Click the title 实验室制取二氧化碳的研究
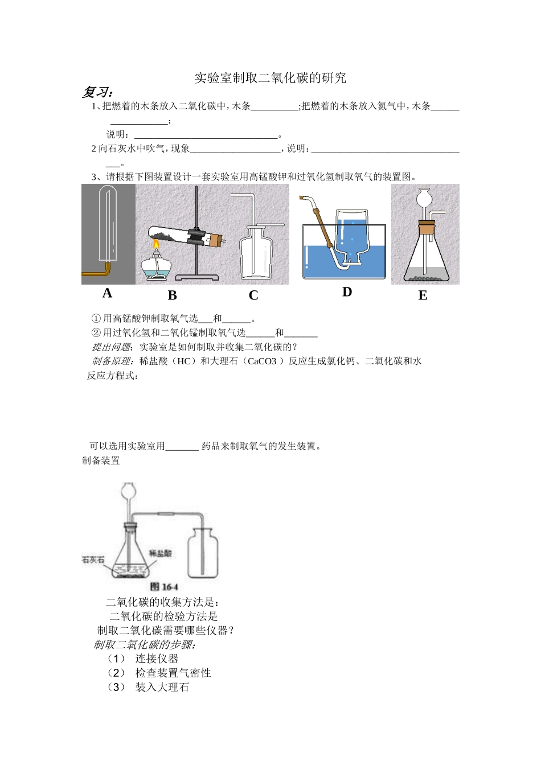[270, 78]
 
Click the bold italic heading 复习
[97, 92]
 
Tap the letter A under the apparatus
[107, 293]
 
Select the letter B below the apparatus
[173, 295]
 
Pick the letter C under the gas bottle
[253, 295]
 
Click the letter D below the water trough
[347, 292]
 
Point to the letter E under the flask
[423, 295]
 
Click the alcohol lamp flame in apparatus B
[155, 245]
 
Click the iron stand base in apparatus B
[196, 277]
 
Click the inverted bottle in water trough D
[352, 233]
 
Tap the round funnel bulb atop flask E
[425, 199]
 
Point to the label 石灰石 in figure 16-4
[93, 560]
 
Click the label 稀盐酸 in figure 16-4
[160, 553]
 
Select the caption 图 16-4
[164, 587]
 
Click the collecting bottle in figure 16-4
[203, 553]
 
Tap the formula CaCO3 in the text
[262, 361]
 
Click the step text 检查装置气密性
[173, 673]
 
